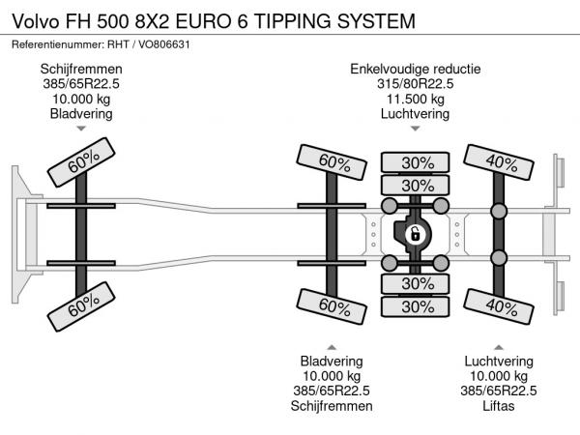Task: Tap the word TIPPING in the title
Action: coord(284,19)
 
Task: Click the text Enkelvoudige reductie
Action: coord(416,70)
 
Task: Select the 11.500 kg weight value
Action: coord(416,99)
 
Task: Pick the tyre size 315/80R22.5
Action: coord(416,84)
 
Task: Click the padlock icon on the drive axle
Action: coord(415,233)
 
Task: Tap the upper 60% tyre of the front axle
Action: coord(82,163)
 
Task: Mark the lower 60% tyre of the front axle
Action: coord(82,306)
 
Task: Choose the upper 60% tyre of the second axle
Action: coord(333,162)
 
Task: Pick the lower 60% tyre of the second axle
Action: coord(333,306)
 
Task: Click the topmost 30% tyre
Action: coord(417,162)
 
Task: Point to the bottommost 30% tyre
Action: coord(417,306)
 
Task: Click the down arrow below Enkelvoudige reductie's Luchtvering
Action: coord(416,129)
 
